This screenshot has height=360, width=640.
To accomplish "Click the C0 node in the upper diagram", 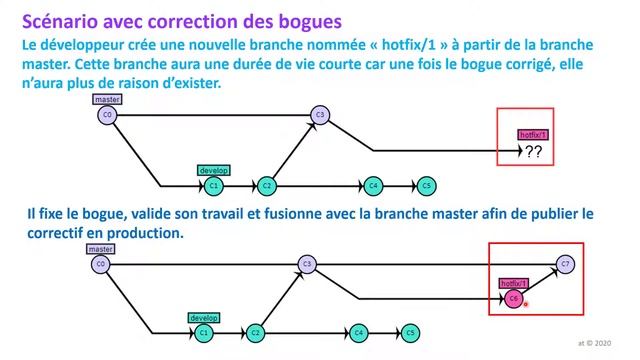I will coord(107,116).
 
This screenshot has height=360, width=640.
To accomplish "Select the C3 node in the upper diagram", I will coord(320,115).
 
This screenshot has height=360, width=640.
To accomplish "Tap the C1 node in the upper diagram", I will coord(213,186).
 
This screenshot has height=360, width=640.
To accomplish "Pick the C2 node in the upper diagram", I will coord(267,186).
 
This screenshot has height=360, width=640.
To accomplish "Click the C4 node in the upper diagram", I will coord(373,186).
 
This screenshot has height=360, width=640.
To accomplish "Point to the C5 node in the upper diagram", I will coord(426,186).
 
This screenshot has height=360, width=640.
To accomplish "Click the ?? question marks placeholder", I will coord(533,152).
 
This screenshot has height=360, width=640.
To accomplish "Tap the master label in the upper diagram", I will coord(107,100).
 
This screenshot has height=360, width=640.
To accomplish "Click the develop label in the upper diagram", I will coord(214,170).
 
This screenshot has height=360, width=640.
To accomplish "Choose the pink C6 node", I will coord(513,298).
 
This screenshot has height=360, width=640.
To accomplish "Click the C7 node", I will coord(566,264).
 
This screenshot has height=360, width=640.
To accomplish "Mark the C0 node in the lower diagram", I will coord(100,264).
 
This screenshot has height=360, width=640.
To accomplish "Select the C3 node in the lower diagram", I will coord(308,264).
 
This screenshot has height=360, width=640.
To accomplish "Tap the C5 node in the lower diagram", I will coord(410,332).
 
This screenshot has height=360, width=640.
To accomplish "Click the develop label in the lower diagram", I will coord(204,317).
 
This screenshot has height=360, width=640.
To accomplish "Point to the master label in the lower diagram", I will coord(101,248).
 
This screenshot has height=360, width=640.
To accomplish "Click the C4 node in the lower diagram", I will coord(358,332).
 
